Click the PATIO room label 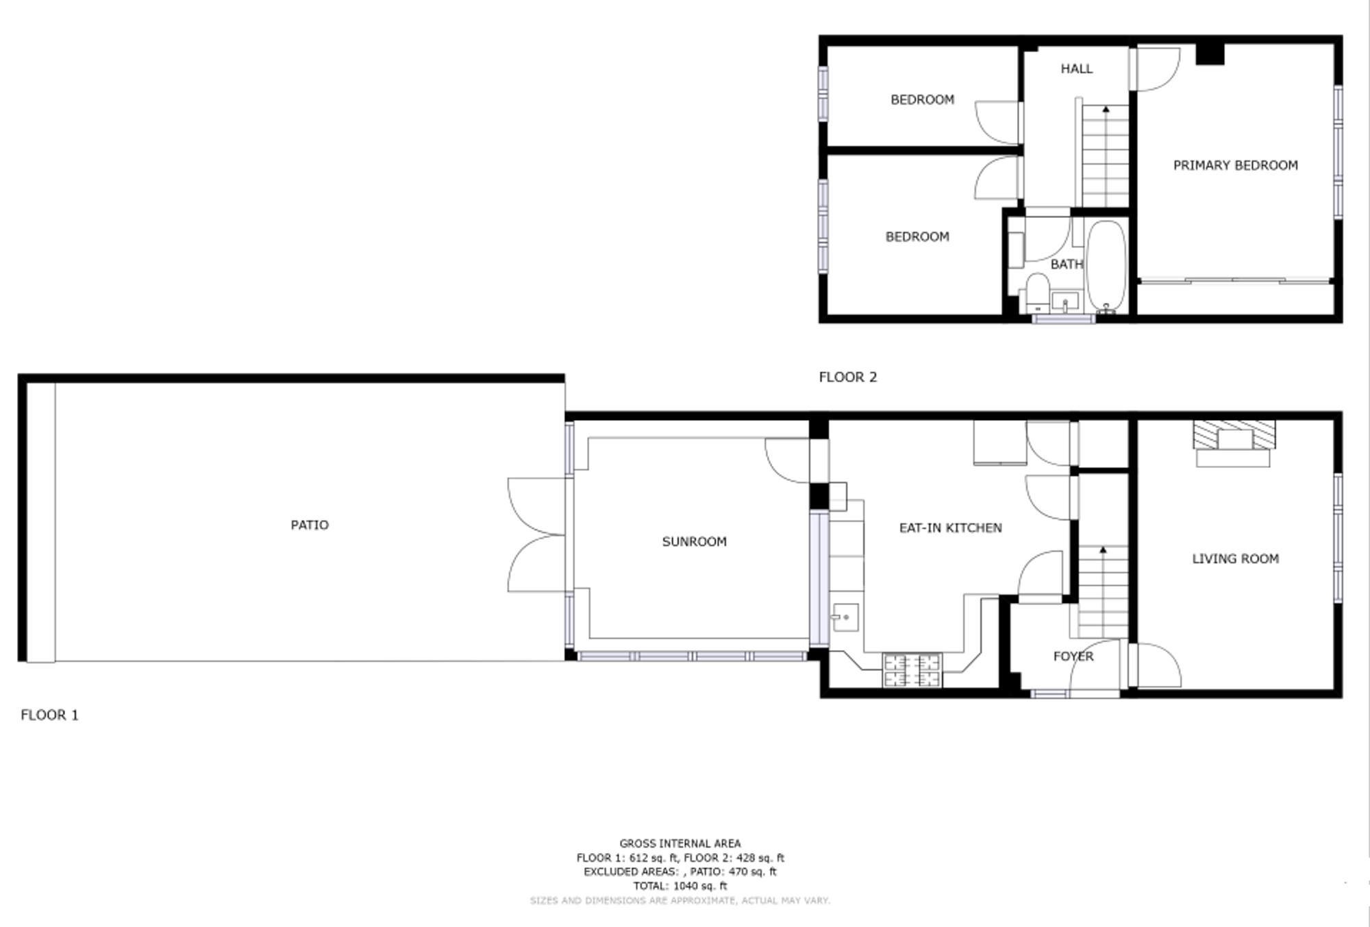(x=310, y=525)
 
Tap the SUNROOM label (x=694, y=541)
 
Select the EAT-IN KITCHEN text (x=950, y=528)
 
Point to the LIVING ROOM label (x=1235, y=558)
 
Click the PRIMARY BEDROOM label (x=1235, y=165)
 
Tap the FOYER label (x=1073, y=656)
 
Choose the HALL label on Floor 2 (x=1076, y=69)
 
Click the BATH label (x=1067, y=264)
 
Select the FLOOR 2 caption (x=848, y=377)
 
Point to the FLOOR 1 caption (x=49, y=715)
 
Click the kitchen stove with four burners (x=912, y=671)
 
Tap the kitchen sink (x=845, y=617)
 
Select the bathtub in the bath (x=1106, y=267)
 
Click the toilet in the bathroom (x=1037, y=293)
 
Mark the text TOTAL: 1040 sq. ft (x=680, y=886)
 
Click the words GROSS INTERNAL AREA (x=680, y=843)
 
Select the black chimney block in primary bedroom (x=1210, y=54)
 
